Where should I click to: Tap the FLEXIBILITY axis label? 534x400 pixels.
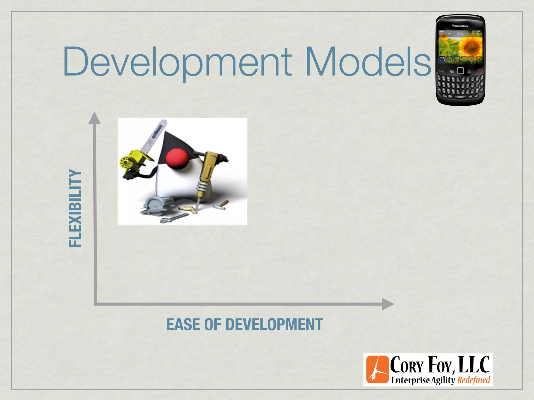pyautogui.click(x=75, y=208)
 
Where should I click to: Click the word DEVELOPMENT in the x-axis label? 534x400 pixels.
pyautogui.click(x=274, y=324)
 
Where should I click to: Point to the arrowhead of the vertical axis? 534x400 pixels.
pyautogui.click(x=94, y=118)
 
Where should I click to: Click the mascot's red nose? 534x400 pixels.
pyautogui.click(x=177, y=158)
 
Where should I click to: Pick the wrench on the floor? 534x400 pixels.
pyautogui.click(x=173, y=218)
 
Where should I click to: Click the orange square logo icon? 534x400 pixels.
pyautogui.click(x=377, y=369)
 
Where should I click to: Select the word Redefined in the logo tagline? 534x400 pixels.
pyautogui.click(x=474, y=380)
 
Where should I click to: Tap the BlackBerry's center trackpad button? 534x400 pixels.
pyautogui.click(x=460, y=71)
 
